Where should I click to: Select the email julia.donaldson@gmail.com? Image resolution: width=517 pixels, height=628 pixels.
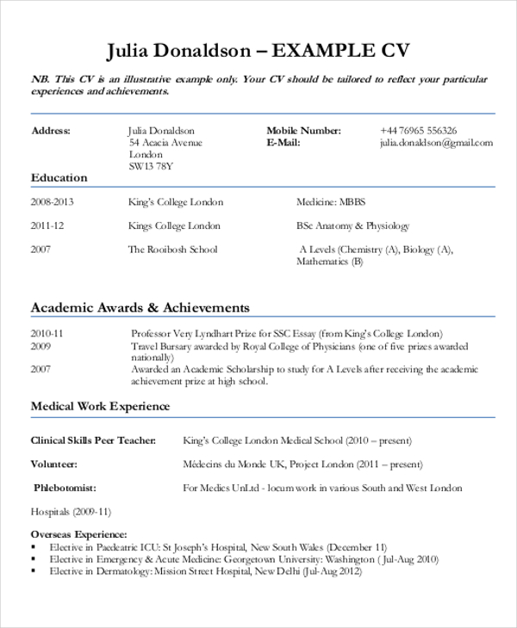pos(436,143)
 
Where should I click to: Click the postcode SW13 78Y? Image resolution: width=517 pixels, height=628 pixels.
pos(151,166)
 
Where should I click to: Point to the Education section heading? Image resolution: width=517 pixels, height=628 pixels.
pos(59,178)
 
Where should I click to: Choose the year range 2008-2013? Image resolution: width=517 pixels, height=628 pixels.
pos(53,202)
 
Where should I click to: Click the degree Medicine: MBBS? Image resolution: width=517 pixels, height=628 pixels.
pos(331,202)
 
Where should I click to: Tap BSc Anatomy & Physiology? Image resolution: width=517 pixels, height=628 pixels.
pos(352,226)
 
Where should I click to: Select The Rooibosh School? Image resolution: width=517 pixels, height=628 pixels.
pos(172,249)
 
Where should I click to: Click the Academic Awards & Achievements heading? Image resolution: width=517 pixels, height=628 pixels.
pos(140,307)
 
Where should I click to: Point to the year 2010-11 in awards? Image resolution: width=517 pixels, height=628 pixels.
pos(47,333)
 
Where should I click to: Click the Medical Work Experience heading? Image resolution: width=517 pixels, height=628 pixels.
pos(101,406)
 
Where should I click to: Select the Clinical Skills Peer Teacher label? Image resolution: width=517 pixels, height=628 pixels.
pos(94,440)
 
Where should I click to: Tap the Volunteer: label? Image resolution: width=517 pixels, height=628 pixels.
pos(54,464)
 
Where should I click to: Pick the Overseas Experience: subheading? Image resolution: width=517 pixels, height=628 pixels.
pos(78,534)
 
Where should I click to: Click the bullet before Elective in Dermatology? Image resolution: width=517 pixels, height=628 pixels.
pos(34,570)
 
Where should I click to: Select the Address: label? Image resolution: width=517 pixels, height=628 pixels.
pos(51,131)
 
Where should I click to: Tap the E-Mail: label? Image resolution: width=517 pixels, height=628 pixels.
pos(283,143)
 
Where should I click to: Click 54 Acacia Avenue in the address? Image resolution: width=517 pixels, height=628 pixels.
pos(165,143)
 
